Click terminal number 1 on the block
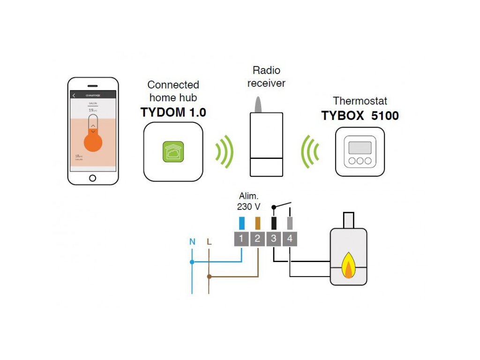click(241, 239)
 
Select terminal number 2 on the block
click(257, 239)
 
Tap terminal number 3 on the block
click(273, 239)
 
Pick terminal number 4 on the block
click(290, 239)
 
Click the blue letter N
click(192, 242)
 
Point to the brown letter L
click(209, 242)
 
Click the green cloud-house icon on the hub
click(173, 151)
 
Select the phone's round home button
click(92, 178)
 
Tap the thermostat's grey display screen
click(360, 147)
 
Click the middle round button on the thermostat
click(360, 161)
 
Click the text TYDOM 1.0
click(173, 113)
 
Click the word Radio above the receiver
click(266, 71)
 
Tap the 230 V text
click(249, 206)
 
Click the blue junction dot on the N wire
click(192, 262)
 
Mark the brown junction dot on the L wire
click(209, 277)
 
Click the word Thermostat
click(360, 101)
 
